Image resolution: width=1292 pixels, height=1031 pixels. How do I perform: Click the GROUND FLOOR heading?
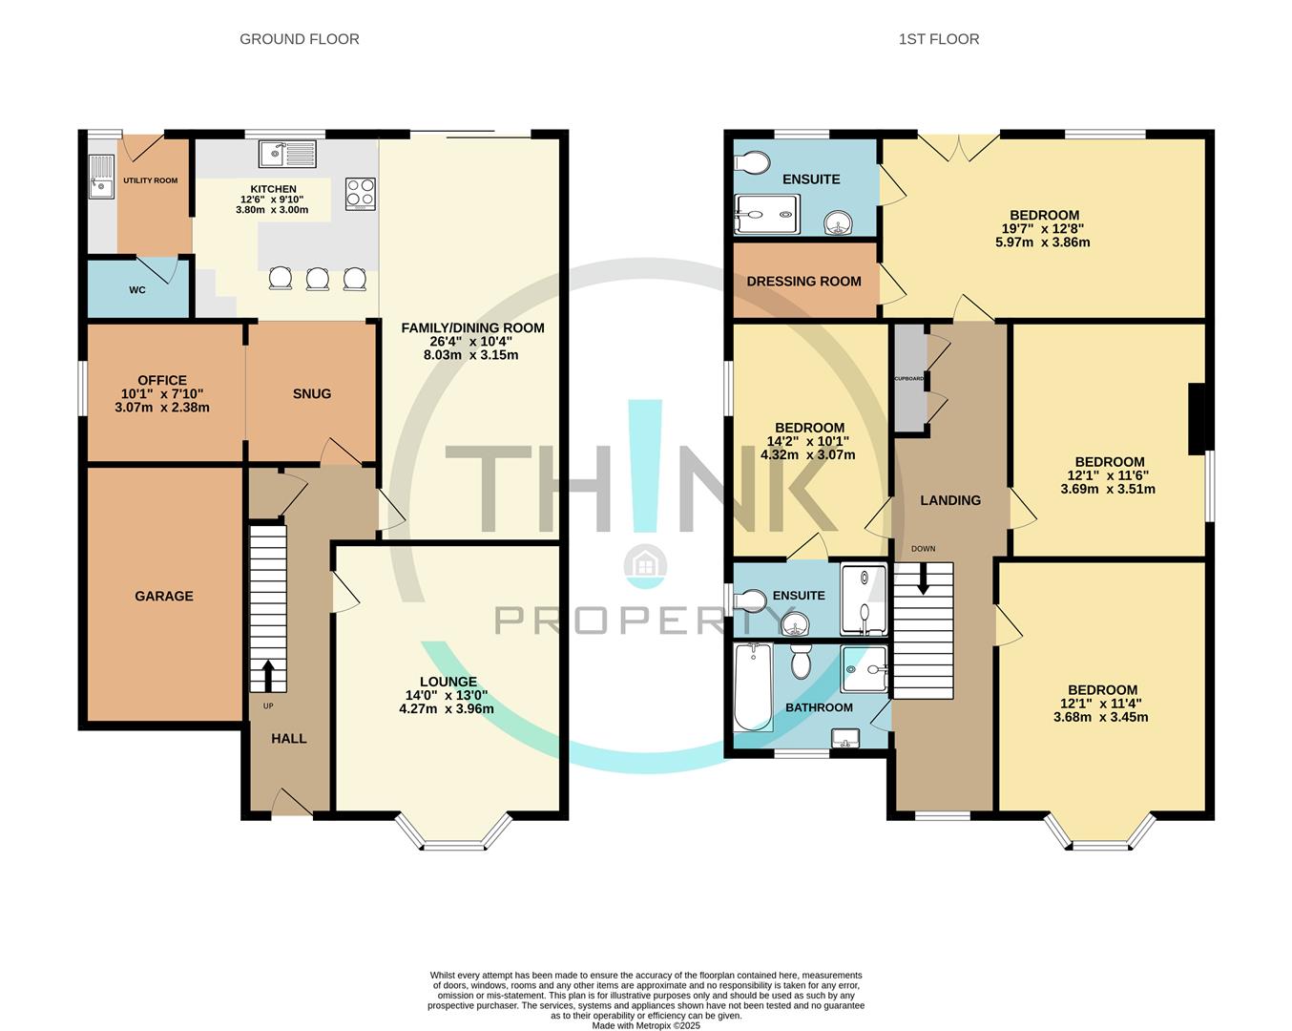(299, 39)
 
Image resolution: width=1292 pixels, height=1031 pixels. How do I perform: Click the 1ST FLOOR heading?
(938, 39)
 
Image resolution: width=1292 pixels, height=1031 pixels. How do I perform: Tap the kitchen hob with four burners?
(360, 194)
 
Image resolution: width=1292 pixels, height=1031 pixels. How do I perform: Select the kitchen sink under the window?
(286, 153)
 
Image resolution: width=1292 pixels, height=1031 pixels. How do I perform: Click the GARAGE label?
(163, 596)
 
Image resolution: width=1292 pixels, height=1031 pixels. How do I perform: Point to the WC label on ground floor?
(137, 289)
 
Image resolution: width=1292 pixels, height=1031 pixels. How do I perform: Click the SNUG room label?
(312, 393)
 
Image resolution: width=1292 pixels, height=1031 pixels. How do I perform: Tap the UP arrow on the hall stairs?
(267, 675)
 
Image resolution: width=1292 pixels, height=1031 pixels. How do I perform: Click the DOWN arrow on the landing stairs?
(923, 579)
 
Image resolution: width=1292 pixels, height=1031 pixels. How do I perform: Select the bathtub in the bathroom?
(753, 687)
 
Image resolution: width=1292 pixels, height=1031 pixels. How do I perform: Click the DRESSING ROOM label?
(803, 281)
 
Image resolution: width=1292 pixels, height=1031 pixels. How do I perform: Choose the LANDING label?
(949, 500)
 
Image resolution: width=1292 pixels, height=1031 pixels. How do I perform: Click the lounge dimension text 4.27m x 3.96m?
(447, 709)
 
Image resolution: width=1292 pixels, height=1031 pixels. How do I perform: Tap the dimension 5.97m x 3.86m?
(1042, 242)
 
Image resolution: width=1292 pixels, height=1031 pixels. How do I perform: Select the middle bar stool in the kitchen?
(317, 279)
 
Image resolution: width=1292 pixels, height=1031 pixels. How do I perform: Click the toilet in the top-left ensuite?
(752, 163)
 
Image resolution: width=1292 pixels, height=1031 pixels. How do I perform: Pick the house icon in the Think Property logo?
(645, 565)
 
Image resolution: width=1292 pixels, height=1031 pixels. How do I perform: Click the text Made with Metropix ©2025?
(646, 1026)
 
